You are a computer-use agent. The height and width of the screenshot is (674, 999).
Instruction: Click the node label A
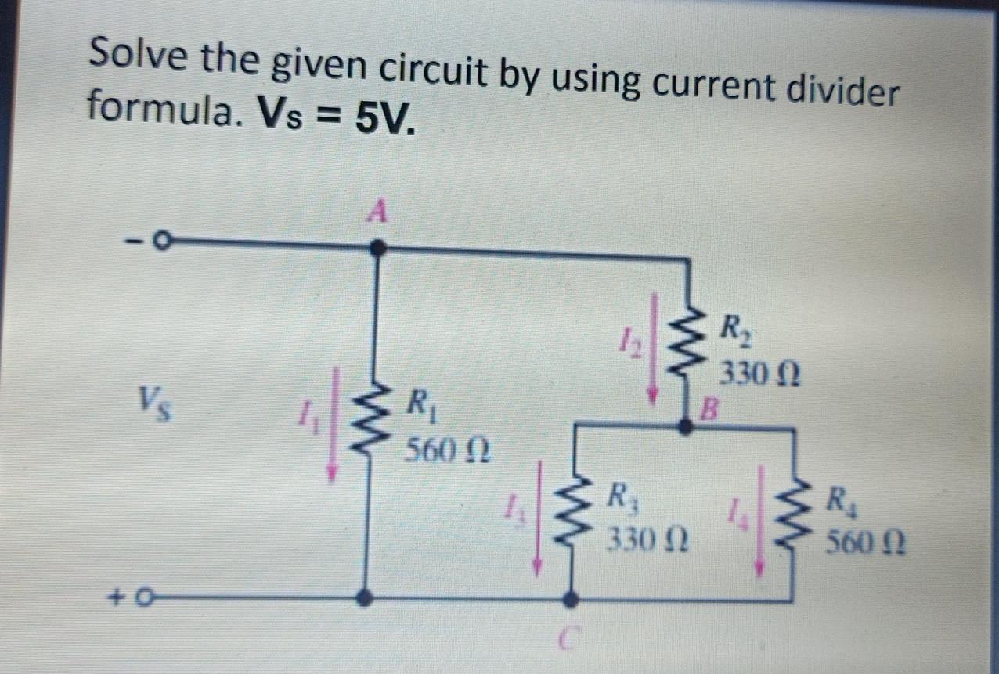[x=380, y=211]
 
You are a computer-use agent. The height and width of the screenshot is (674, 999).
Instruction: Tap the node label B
[x=709, y=407]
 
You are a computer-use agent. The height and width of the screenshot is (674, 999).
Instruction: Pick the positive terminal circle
[x=142, y=599]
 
